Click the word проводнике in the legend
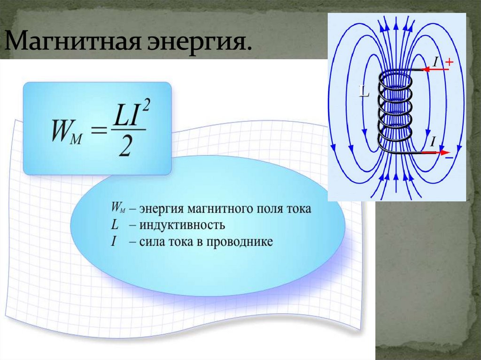point(242,242)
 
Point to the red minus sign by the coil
point(449,159)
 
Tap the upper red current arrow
point(435,69)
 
